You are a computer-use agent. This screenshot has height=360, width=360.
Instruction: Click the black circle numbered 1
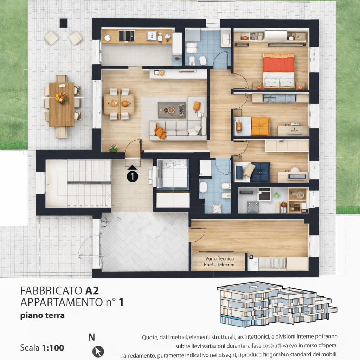pos(133,176)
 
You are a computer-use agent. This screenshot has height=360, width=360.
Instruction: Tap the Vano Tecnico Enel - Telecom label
pos(219,262)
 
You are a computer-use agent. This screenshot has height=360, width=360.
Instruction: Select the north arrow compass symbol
pos(98,352)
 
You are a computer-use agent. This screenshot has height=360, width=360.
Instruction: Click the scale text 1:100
pos(53,348)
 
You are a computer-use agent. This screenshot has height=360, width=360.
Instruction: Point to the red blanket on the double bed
pos(278,65)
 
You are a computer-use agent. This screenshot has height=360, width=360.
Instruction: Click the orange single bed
pos(260,127)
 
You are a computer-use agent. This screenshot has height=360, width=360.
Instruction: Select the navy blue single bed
pos(260,172)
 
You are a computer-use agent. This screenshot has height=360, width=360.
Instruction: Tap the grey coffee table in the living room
pos(172,110)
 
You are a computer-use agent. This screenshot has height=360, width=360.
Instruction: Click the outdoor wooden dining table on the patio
pos(62,104)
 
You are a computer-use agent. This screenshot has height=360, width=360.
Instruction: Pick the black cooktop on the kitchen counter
pos(127,36)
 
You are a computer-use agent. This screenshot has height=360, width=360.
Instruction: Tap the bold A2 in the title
pos(92,291)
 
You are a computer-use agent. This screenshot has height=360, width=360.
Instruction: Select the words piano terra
pos(43,316)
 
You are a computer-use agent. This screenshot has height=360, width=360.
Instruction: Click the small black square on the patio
pos(64,23)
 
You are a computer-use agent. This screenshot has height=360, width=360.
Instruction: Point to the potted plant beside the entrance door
pos(114,148)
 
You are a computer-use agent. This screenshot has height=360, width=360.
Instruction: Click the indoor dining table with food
pos(119,104)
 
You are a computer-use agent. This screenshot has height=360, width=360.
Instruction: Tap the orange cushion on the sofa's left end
pos(160,132)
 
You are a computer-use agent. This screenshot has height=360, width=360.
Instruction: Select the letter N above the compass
pos(92,337)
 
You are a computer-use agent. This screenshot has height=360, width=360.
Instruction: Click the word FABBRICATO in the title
pos(51,291)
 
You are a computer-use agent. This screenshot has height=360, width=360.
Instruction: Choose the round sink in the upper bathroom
pos(191,48)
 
